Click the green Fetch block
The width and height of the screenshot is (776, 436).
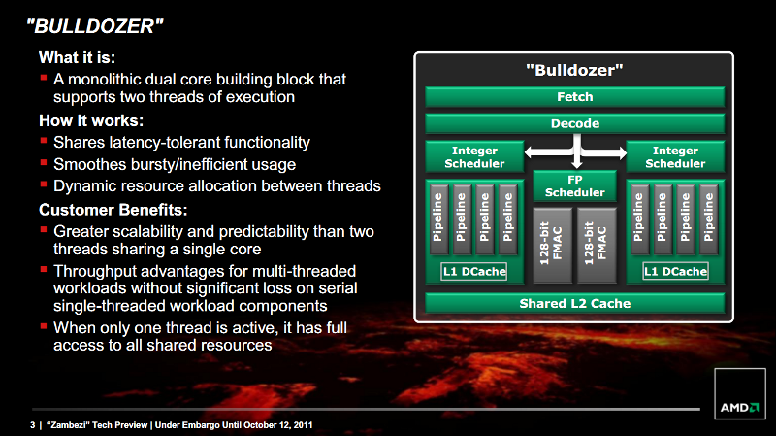tap(574, 96)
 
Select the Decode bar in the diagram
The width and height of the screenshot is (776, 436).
tap(574, 123)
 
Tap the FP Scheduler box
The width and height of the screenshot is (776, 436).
tap(574, 185)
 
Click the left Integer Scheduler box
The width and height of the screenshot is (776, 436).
tap(474, 156)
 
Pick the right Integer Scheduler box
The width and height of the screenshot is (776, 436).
tap(675, 156)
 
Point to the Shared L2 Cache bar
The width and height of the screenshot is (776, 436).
tap(574, 303)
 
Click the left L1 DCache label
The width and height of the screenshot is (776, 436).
tap(474, 272)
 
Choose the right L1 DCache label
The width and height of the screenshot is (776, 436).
tap(675, 272)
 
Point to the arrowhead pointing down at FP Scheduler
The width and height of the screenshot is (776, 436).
tap(576, 164)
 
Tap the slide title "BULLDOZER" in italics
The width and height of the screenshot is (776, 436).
tap(94, 26)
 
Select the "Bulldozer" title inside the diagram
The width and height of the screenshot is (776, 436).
tap(574, 70)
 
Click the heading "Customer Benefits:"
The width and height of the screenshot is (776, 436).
tap(113, 210)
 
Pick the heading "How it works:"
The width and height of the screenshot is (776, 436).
tap(91, 120)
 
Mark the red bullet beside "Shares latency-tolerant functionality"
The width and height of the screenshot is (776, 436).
tap(44, 141)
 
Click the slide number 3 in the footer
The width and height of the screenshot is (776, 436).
tap(33, 425)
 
